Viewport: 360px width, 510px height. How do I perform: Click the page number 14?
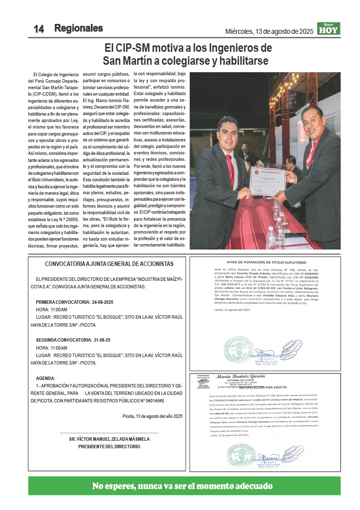[39, 29]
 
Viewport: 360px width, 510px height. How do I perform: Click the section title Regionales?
[79, 28]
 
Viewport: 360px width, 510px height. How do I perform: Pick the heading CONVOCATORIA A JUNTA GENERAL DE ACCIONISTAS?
[109, 263]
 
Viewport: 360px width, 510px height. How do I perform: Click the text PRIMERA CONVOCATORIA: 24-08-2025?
[75, 302]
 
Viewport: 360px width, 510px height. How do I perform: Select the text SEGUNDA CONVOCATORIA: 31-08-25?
[73, 340]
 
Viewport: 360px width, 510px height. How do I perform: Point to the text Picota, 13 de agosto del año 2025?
[153, 416]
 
